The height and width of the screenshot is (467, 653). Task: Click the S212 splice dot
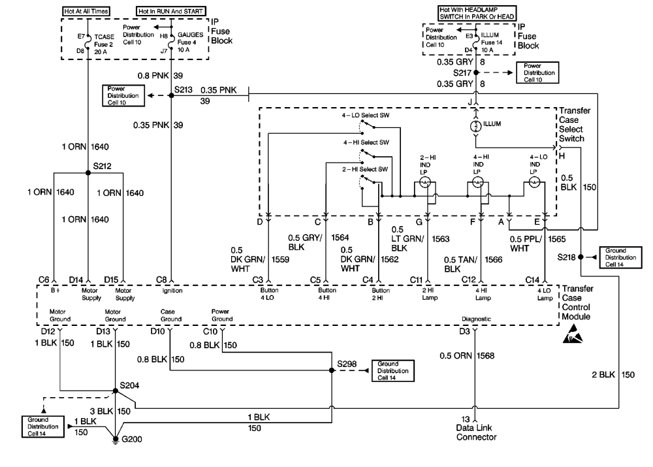tap(88, 173)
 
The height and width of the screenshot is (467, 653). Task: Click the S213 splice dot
tap(171, 96)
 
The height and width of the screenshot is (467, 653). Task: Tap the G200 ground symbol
tap(116, 440)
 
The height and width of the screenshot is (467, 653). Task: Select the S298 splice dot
tap(332, 370)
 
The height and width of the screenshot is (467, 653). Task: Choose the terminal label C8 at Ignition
tap(161, 280)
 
